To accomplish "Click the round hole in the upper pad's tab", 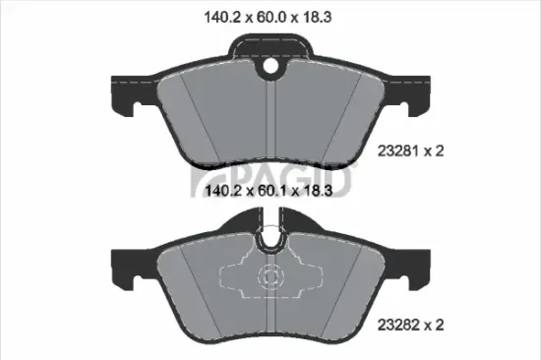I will pos(270,68).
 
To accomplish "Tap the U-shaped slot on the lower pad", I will pos(270,240).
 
